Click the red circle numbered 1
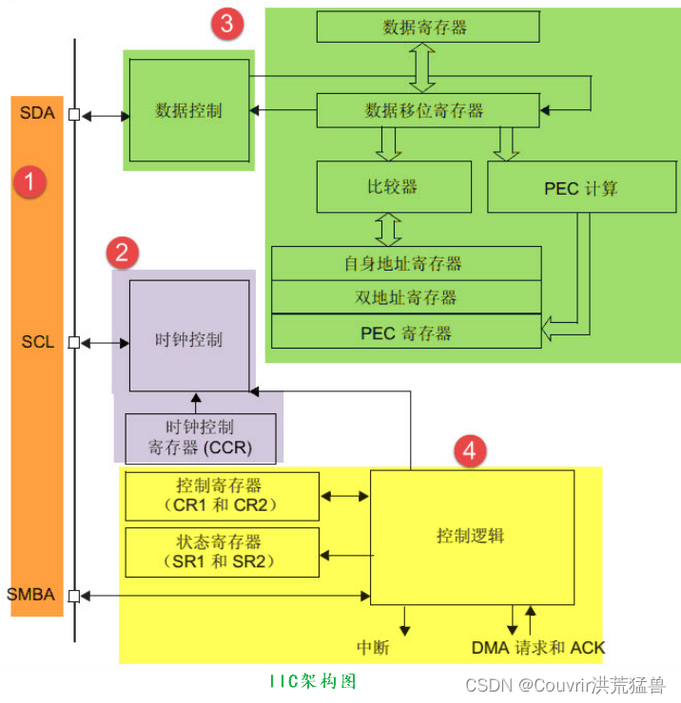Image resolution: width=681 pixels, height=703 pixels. pyautogui.click(x=29, y=181)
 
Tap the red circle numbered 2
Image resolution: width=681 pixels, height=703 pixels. pyautogui.click(x=122, y=253)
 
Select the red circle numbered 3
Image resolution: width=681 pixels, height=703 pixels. pyautogui.click(x=226, y=25)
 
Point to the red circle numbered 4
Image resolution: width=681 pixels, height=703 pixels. pyautogui.click(x=467, y=451)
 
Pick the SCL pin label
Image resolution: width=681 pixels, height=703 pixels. pyautogui.click(x=37, y=341)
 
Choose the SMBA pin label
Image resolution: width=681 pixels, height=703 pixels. pyautogui.click(x=30, y=596)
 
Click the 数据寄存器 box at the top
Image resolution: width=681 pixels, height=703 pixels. pyautogui.click(x=427, y=28)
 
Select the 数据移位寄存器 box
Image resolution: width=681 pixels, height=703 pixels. pyautogui.click(x=425, y=110)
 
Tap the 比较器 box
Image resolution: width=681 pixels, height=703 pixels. pyautogui.click(x=393, y=186)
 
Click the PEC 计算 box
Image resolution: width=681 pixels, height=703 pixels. pyautogui.click(x=580, y=187)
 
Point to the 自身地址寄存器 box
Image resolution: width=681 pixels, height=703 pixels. pyautogui.click(x=406, y=263)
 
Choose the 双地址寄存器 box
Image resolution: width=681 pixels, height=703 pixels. pyautogui.click(x=406, y=297)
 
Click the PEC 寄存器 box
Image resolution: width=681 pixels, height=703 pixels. pyautogui.click(x=406, y=332)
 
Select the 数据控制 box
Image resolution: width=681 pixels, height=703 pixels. pyautogui.click(x=188, y=110)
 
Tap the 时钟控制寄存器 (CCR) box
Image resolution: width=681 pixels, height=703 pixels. pyautogui.click(x=201, y=437)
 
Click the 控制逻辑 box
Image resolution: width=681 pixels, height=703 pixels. pyautogui.click(x=471, y=537)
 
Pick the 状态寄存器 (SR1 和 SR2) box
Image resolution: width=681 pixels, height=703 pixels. pyautogui.click(x=223, y=552)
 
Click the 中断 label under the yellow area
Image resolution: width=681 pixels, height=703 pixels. pyautogui.click(x=373, y=647)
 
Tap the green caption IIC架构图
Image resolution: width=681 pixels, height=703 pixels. pyautogui.click(x=313, y=681)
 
